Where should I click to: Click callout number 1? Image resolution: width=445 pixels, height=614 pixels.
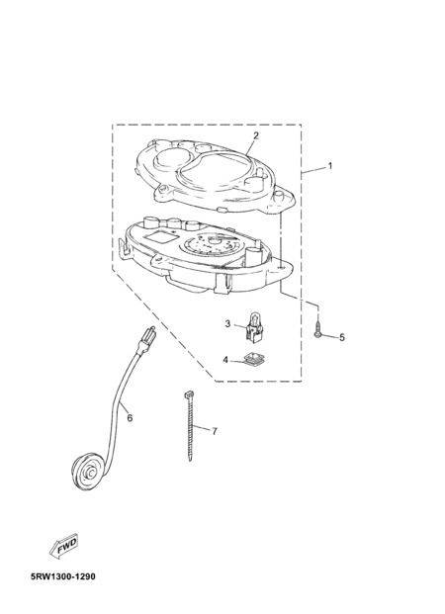330,166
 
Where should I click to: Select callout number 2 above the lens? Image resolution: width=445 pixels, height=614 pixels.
256,135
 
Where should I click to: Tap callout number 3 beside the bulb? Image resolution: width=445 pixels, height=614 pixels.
227,324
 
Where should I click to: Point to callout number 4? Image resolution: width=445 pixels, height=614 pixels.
225,360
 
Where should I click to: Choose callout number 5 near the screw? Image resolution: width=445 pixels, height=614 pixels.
342,337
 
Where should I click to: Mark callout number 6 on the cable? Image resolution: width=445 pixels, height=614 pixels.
131,418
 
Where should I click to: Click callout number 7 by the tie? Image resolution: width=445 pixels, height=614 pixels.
215,431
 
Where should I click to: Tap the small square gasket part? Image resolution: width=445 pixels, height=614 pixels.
253,359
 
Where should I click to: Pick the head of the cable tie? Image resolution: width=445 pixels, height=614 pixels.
187,394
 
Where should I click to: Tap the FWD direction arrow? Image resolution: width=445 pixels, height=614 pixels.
64,546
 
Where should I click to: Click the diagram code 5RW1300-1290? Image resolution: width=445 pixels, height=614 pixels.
62,576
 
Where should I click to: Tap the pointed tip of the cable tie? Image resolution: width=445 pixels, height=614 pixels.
191,460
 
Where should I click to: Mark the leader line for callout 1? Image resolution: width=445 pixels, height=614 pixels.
313,170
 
